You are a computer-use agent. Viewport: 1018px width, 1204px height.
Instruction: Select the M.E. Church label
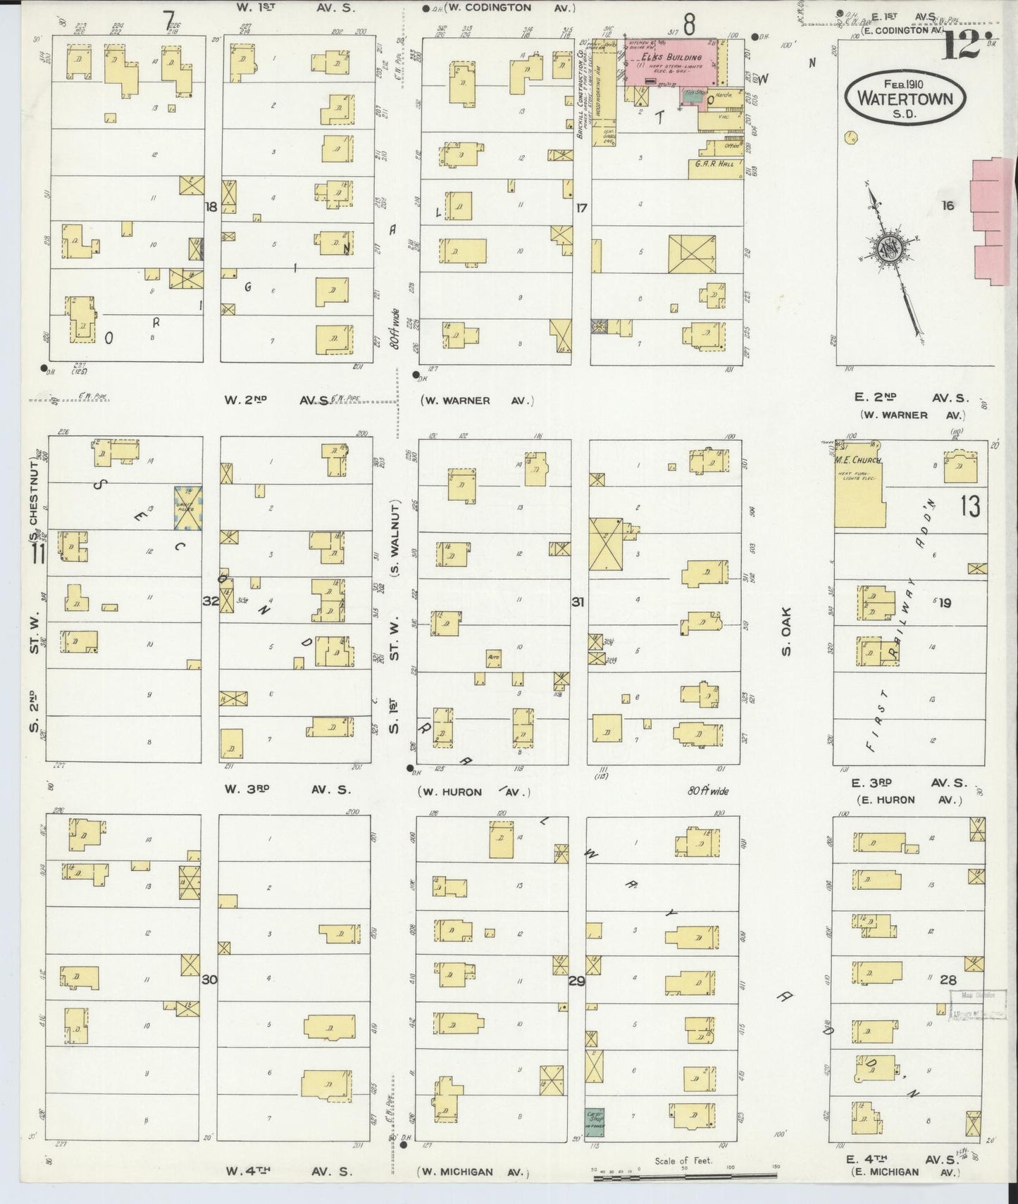(858, 460)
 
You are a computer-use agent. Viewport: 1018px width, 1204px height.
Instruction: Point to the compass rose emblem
(890, 248)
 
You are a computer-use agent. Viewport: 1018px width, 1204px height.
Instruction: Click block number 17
(581, 208)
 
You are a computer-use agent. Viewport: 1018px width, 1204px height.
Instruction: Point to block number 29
(576, 980)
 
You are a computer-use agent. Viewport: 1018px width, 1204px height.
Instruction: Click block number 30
(210, 979)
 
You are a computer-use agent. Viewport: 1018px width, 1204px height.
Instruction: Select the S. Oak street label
(787, 631)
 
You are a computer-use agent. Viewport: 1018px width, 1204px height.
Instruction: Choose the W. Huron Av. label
(474, 792)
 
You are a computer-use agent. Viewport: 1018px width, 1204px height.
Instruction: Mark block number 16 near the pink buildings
(948, 206)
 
